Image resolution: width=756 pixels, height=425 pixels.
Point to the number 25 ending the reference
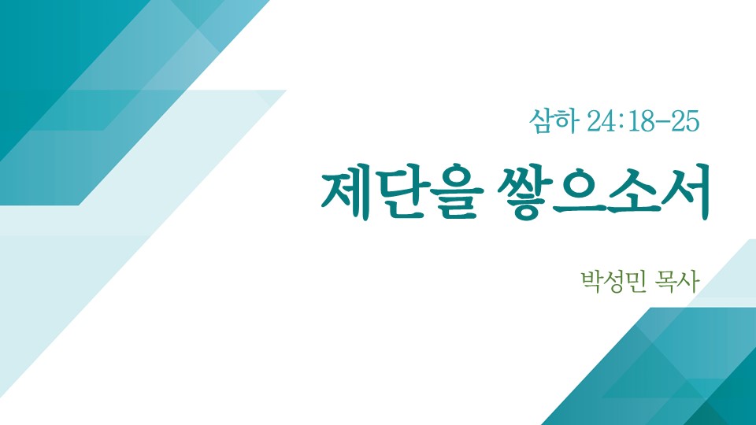[x=685, y=121]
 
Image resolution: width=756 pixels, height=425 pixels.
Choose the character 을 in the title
[x=457, y=196]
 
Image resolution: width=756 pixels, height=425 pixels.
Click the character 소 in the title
[x=632, y=194]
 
